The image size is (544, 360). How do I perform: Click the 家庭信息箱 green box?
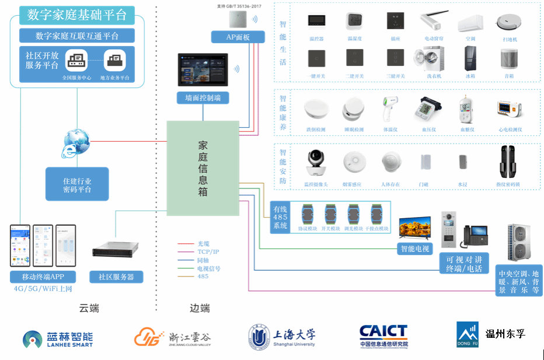coord(203,168)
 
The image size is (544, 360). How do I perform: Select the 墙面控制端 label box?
coord(203,97)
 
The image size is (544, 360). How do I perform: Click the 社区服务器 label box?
coord(116,277)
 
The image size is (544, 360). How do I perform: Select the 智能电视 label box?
coord(414,249)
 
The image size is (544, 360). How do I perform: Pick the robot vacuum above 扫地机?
coord(507,22)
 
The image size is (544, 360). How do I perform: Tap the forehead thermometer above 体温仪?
coord(389,110)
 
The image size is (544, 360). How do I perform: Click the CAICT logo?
coord(383,336)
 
